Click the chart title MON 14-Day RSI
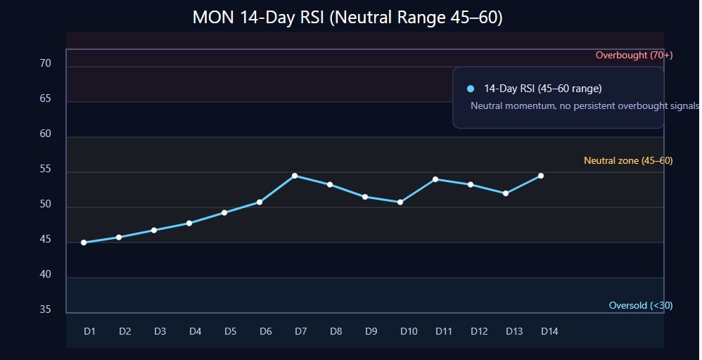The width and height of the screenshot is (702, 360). click(x=347, y=18)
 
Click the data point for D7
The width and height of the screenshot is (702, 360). click(x=295, y=176)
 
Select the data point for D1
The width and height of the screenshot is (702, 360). click(x=84, y=243)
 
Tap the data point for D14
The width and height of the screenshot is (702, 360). click(x=541, y=176)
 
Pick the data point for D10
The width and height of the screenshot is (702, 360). click(x=400, y=202)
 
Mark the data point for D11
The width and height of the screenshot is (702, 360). click(x=435, y=179)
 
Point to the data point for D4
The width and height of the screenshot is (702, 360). click(x=189, y=224)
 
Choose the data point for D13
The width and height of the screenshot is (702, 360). click(x=506, y=193)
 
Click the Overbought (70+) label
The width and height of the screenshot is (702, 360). click(x=634, y=56)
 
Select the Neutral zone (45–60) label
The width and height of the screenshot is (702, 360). click(x=628, y=161)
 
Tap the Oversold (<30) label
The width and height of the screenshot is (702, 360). click(x=640, y=306)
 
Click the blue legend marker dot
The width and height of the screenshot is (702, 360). click(x=471, y=89)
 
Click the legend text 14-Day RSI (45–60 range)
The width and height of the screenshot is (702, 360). click(x=542, y=89)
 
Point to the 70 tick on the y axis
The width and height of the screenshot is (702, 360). click(x=46, y=64)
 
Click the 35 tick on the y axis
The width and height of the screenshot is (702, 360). click(x=46, y=309)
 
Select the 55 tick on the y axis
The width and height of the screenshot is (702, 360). click(x=46, y=169)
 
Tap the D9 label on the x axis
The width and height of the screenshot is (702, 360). click(x=371, y=331)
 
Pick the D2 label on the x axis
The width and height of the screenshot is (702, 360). click(x=125, y=331)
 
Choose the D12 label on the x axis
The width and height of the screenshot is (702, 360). click(x=479, y=331)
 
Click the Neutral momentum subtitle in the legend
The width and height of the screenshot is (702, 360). click(x=585, y=106)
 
